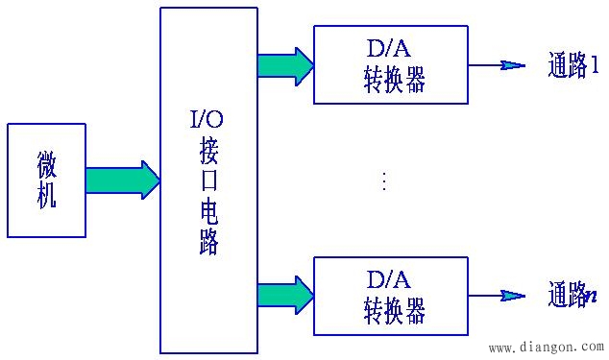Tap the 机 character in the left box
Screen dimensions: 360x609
point(46,195)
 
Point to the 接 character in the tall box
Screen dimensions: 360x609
point(209,151)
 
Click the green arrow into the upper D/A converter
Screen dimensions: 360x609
point(285,65)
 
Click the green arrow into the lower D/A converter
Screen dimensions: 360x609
point(285,295)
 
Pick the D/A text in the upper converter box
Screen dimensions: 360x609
point(389,47)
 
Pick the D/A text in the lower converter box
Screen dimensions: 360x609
point(389,278)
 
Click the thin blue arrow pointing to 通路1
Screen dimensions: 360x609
point(498,65)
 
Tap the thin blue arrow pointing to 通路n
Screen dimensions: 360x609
point(498,295)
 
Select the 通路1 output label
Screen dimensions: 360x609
point(572,66)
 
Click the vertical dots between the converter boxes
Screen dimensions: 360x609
point(384,180)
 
